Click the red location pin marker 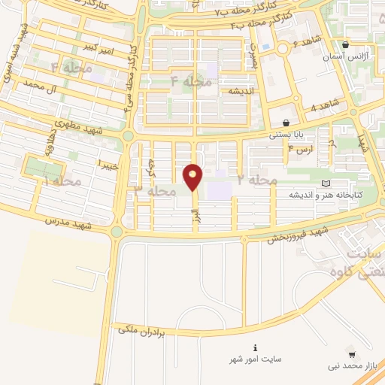coord(193,177)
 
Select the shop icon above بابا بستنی coord(286,123)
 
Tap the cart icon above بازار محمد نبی coord(351,354)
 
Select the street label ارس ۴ coord(299,150)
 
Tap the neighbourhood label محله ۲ coord(258,181)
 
